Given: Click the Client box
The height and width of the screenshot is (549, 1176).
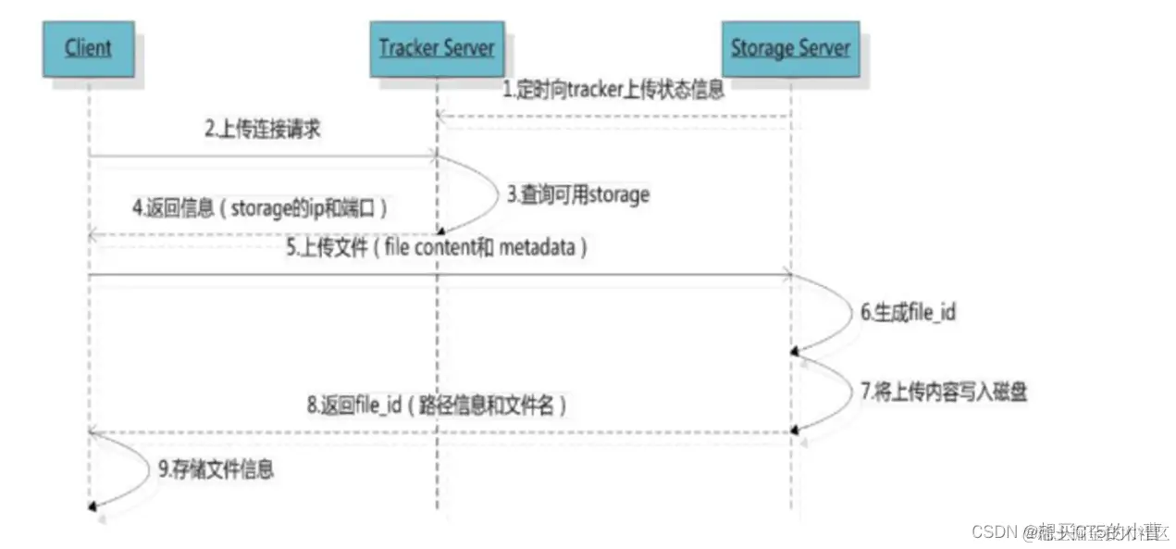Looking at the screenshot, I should (88, 47).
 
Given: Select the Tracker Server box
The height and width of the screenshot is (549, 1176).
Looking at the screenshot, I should (435, 47).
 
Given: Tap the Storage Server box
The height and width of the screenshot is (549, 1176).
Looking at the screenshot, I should (790, 47).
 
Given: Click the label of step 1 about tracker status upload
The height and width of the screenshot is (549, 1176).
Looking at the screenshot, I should (613, 91).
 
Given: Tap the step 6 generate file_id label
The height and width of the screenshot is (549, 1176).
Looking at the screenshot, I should (908, 312).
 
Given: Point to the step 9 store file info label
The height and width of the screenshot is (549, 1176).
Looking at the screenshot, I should (215, 469).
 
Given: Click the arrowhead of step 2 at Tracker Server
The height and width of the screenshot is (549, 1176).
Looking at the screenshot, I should (431, 157).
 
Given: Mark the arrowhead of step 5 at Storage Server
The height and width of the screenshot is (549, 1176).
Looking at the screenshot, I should (786, 274).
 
